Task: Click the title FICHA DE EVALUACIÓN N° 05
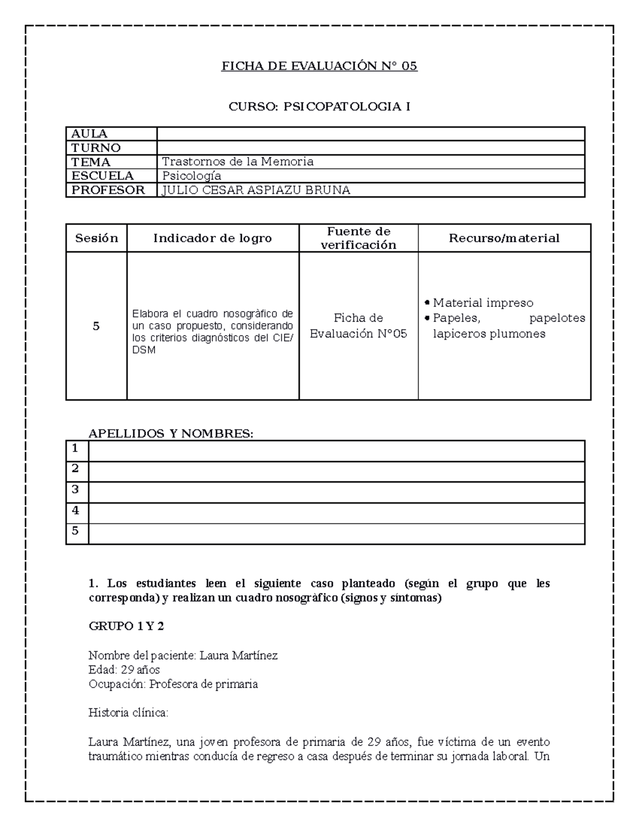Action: click(319, 66)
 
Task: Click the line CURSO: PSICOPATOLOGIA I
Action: click(319, 107)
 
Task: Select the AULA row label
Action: click(89, 134)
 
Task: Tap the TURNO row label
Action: click(96, 148)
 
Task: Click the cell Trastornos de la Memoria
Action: click(237, 161)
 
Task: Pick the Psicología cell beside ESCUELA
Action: click(192, 176)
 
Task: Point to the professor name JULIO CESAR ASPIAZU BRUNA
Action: click(256, 190)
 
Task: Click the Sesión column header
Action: click(96, 238)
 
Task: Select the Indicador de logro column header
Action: click(212, 238)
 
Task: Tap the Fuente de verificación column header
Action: click(358, 238)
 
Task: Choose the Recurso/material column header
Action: click(504, 238)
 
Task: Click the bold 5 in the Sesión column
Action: click(96, 326)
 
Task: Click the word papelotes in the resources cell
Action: click(557, 318)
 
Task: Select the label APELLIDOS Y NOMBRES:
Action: click(171, 433)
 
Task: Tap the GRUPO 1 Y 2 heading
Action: click(126, 626)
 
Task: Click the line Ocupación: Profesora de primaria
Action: click(173, 684)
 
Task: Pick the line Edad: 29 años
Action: click(124, 669)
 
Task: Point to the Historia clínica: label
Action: click(128, 713)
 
